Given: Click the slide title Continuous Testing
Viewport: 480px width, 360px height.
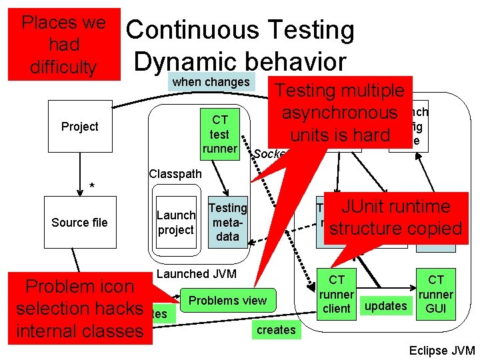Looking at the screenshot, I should (240, 30).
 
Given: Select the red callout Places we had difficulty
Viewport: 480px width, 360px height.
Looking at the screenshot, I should (64, 44).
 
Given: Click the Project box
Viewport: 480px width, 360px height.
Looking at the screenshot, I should (79, 127).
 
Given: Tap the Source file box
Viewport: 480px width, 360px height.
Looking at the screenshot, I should (79, 223).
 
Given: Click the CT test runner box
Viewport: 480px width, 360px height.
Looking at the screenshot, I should (220, 133).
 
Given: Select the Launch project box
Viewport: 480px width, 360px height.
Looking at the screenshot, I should (176, 223).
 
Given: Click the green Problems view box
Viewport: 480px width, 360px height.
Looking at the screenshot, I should (227, 301).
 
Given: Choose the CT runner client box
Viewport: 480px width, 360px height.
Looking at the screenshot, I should (336, 293).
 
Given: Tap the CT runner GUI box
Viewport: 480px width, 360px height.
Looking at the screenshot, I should (436, 293).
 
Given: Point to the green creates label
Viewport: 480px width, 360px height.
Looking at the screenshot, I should (275, 329).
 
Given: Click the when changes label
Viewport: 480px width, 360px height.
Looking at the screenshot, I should (211, 83).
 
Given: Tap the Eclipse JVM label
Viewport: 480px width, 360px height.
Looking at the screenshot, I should (442, 351).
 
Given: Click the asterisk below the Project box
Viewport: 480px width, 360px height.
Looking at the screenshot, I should (93, 185).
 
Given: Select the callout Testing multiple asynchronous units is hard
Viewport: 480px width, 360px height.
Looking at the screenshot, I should (341, 113).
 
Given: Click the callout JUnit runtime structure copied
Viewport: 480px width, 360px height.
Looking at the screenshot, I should (395, 217).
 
